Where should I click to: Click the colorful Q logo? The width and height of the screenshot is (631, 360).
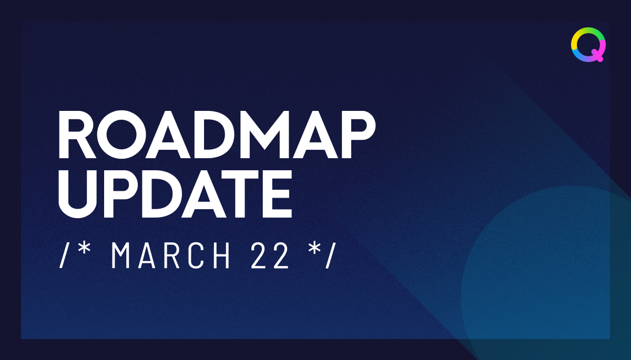(x=588, y=45)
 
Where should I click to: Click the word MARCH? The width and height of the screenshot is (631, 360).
(x=171, y=256)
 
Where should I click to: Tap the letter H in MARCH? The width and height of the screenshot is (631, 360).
(x=222, y=256)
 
